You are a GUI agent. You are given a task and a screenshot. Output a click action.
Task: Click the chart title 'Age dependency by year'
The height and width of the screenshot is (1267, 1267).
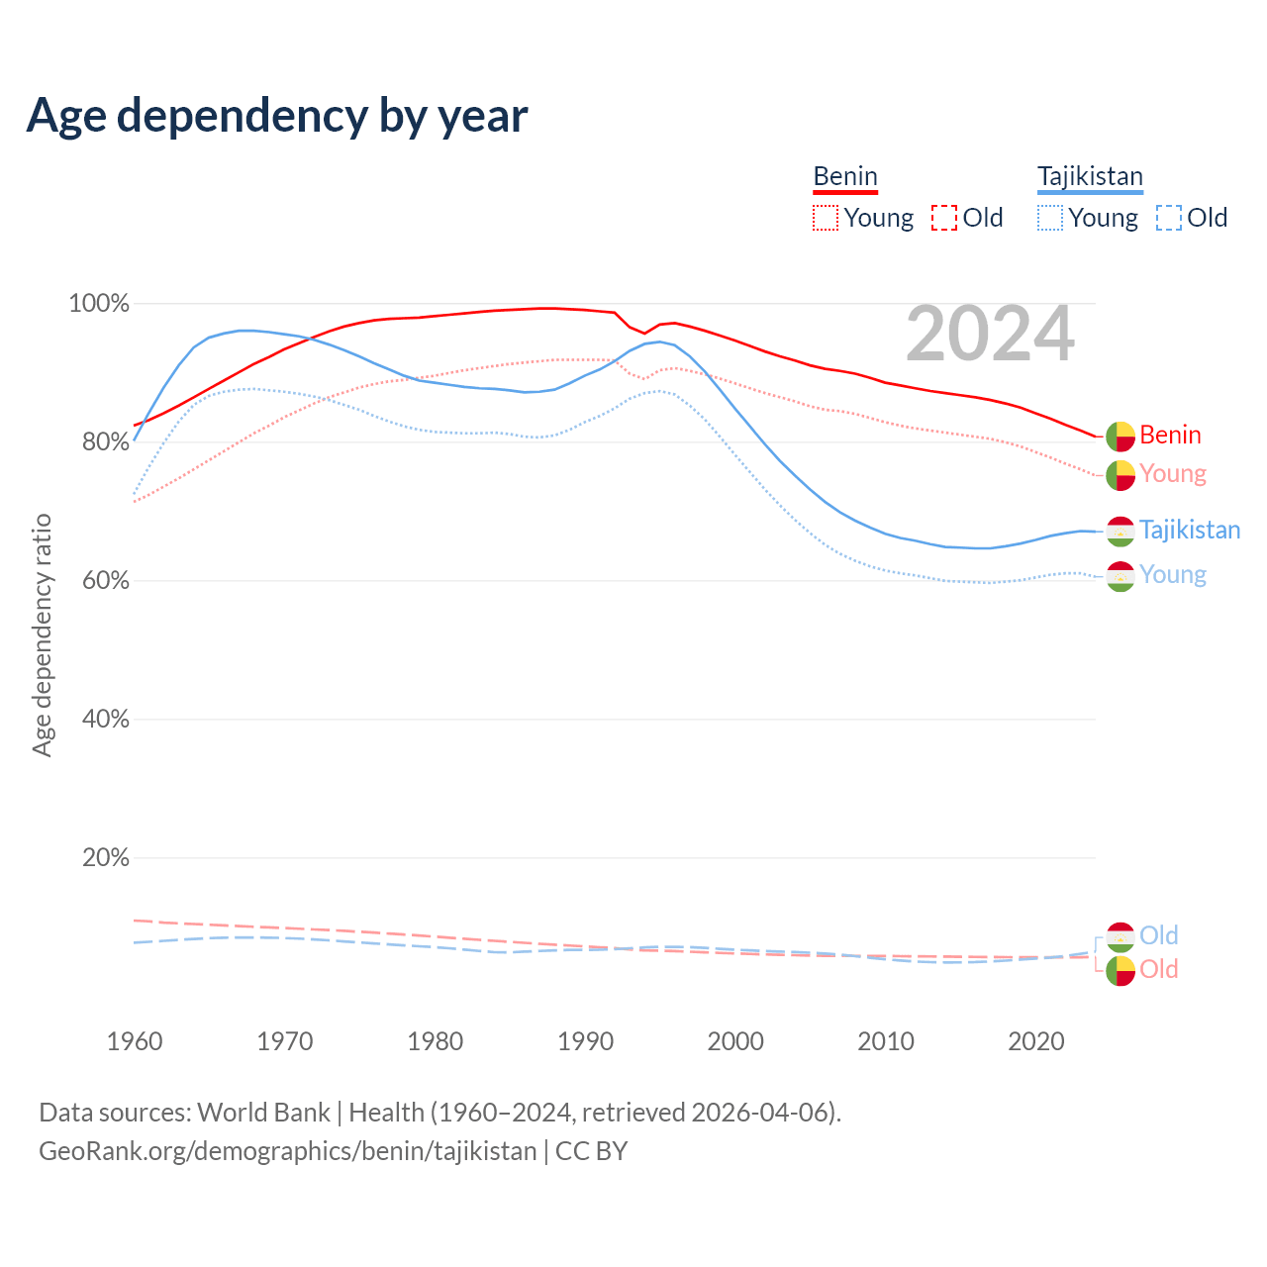(x=277, y=116)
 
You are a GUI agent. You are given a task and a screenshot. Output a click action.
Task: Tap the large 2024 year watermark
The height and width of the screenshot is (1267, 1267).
(x=990, y=335)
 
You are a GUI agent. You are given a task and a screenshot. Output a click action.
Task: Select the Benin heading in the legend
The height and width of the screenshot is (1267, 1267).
(x=845, y=176)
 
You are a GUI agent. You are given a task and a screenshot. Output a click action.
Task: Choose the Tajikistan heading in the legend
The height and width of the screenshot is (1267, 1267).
(x=1090, y=176)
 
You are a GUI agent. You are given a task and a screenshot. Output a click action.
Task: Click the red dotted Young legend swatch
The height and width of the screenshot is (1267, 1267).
(x=825, y=218)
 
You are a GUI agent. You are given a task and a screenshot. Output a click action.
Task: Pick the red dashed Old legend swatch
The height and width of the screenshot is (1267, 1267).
(x=944, y=218)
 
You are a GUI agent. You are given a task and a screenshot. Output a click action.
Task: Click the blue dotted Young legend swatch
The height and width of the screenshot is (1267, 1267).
(x=1049, y=218)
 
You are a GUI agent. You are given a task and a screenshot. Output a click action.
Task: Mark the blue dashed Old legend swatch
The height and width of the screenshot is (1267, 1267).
(x=1169, y=218)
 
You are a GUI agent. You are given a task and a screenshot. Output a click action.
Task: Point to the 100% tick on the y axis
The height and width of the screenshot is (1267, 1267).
(x=99, y=304)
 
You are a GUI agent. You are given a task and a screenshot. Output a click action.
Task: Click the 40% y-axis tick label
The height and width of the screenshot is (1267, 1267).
(x=105, y=720)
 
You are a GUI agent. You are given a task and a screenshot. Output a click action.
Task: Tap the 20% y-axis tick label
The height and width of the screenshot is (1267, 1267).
(x=105, y=858)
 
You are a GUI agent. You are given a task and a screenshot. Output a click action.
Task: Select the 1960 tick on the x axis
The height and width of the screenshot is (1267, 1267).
(x=135, y=1041)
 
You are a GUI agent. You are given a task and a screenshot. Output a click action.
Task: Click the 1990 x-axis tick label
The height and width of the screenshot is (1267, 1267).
(x=586, y=1041)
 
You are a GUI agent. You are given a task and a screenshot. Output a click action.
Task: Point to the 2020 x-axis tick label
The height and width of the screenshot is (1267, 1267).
(x=1036, y=1041)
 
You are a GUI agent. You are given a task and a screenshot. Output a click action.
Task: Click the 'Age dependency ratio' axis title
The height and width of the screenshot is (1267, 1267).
(x=42, y=634)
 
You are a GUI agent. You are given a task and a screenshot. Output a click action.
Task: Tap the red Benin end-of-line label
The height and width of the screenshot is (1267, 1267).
(x=1170, y=435)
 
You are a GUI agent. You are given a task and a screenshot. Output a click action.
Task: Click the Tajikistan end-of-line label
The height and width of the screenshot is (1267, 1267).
(x=1190, y=530)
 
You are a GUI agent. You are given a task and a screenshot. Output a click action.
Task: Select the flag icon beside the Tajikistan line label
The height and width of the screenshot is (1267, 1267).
(x=1121, y=531)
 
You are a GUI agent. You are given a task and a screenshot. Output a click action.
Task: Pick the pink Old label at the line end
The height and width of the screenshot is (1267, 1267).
(x=1159, y=969)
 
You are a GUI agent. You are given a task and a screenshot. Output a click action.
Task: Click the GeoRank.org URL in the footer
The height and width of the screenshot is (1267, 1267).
(x=287, y=1151)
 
